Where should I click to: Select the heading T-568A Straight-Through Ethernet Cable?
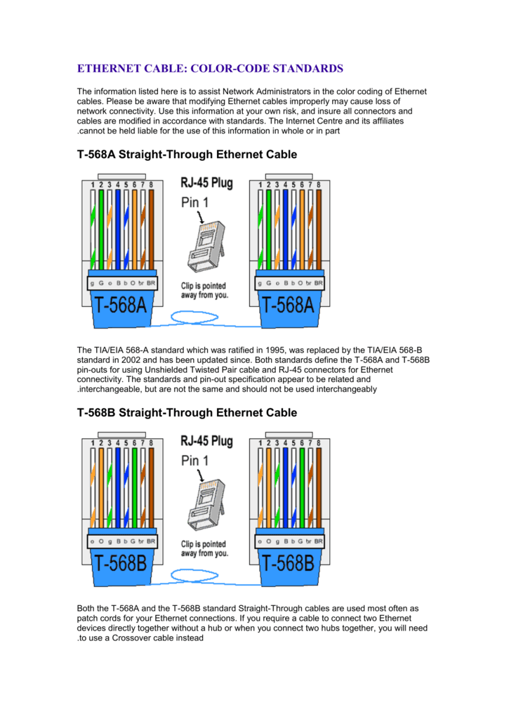(x=187, y=154)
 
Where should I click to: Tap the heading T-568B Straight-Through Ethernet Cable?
(x=187, y=412)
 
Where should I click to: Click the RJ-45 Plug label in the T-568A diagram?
(x=207, y=184)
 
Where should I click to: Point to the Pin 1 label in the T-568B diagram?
(x=195, y=461)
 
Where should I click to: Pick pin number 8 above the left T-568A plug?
(x=150, y=185)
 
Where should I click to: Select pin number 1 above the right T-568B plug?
(x=260, y=443)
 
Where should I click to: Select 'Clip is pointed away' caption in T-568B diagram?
(x=204, y=548)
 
